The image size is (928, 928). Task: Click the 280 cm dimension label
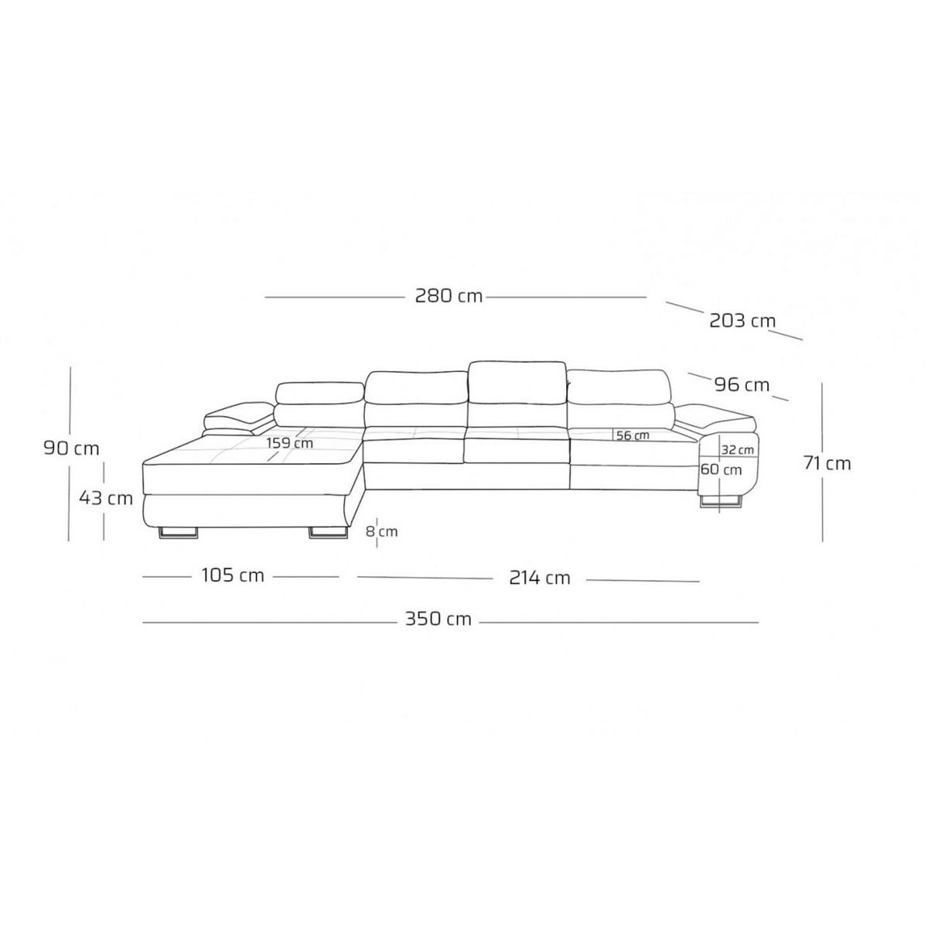pos(449,295)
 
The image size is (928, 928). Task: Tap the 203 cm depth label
pos(742,320)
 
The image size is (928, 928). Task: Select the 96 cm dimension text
pos(742,385)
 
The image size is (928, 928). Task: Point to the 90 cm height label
pos(71,449)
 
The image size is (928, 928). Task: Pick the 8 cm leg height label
pos(382,531)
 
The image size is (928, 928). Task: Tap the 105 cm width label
pos(233,575)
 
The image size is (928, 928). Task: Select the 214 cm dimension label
pos(539,578)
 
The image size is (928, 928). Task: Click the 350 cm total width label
pos(438,619)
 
